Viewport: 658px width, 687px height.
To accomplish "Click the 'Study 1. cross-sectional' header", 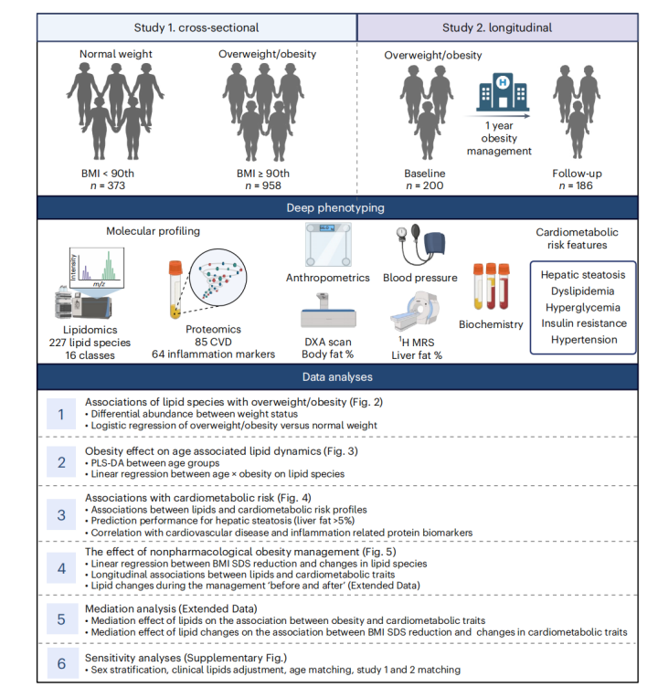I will click(196, 26).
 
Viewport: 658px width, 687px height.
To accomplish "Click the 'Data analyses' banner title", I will click(329, 376).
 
